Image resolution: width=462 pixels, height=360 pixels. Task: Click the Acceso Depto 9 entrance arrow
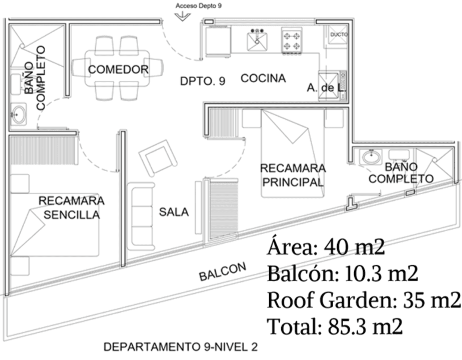182,16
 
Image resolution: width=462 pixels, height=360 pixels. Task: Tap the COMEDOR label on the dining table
118,70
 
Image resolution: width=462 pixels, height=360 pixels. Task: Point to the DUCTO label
339,34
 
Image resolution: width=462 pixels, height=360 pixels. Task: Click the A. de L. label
327,88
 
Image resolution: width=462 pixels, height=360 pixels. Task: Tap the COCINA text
263,78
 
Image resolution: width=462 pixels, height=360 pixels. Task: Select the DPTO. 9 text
203,81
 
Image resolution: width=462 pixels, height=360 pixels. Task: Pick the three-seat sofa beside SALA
140,216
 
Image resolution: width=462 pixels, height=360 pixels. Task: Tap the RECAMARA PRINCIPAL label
292,175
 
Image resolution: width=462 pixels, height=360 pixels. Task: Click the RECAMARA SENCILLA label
72,208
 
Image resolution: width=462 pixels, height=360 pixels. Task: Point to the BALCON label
223,272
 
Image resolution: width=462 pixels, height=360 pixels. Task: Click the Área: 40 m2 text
326,247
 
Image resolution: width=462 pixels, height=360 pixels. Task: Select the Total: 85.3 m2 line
335,326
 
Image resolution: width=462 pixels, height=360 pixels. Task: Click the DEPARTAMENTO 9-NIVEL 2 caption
181,347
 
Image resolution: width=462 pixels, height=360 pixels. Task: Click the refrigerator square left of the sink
218,41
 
